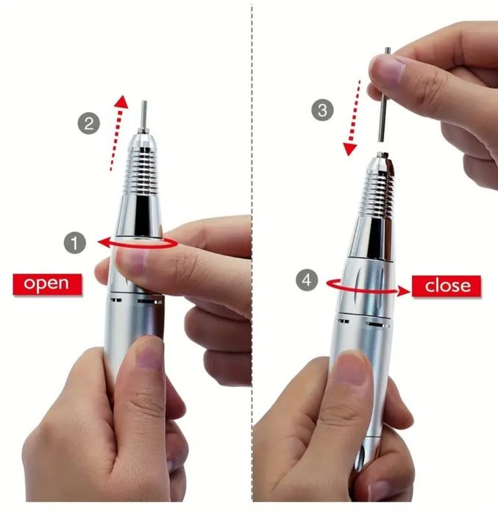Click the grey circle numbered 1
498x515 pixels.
point(75,243)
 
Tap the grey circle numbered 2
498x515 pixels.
point(89,124)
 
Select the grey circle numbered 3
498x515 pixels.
point(323,110)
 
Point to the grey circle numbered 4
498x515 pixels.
point(307,280)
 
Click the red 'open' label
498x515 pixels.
point(47,284)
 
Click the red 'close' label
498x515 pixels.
point(447,285)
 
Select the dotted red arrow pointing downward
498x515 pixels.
point(352,118)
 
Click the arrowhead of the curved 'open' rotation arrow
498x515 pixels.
point(104,243)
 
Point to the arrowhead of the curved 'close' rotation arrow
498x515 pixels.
point(404,291)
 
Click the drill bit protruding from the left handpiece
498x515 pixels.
point(143,115)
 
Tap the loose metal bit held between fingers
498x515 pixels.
point(384,95)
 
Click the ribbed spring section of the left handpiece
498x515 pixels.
point(140,171)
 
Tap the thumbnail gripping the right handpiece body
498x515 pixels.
point(351,368)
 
